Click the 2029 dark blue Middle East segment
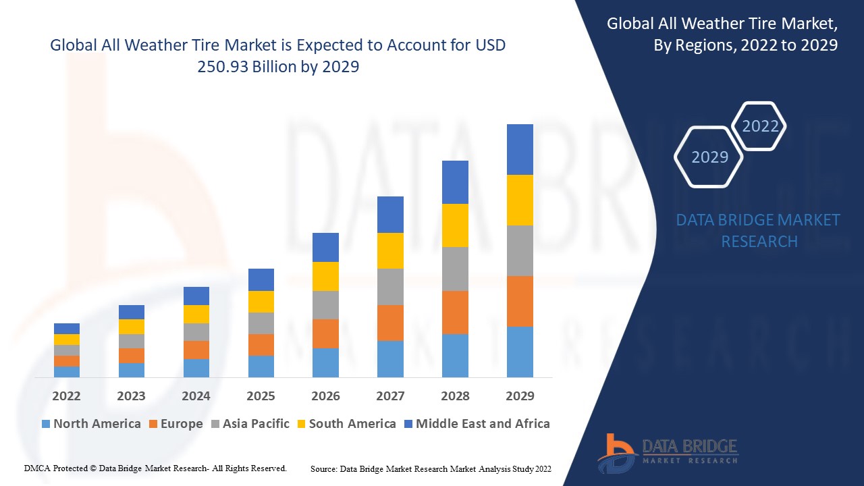pos(520,149)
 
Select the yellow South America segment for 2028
pos(455,225)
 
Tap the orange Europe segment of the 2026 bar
pos(325,333)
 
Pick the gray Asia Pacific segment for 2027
pos(390,287)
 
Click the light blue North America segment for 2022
pos(67,371)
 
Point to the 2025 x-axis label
pos(261,396)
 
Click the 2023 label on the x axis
pos(131,396)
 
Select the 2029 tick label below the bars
pos(520,396)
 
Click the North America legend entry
pos(91,424)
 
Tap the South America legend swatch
pos(301,424)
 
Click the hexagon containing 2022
pos(760,126)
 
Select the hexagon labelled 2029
pos(709,157)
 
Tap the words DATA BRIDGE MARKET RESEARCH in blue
pos(758,230)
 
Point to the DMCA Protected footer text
pos(155,468)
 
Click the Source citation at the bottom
pos(431,468)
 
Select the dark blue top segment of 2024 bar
pos(196,296)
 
